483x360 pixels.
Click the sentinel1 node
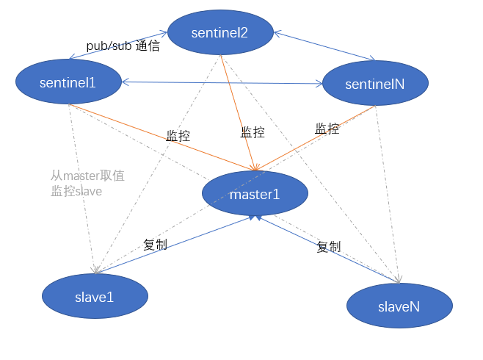[x=68, y=82]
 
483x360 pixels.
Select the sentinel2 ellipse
[x=220, y=32]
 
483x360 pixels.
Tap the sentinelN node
[x=375, y=84]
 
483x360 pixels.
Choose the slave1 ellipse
[x=95, y=297]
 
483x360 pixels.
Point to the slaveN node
[x=399, y=306]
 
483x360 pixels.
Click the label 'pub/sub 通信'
[x=123, y=46]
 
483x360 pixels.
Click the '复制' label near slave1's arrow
[x=155, y=245]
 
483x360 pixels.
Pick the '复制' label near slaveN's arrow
[x=328, y=247]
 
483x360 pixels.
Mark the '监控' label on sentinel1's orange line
[x=178, y=136]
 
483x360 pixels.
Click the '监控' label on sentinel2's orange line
[x=253, y=132]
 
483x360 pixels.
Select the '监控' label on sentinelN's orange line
[x=327, y=129]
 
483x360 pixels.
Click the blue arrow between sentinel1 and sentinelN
[x=220, y=82]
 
